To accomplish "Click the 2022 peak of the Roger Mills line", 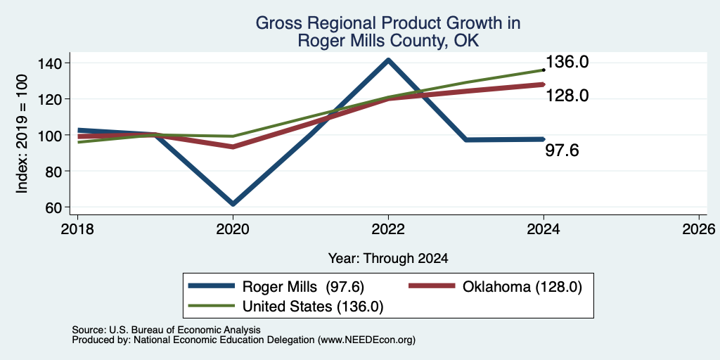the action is pyautogui.click(x=388, y=60).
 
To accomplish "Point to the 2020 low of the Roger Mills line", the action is pyautogui.click(x=233, y=203).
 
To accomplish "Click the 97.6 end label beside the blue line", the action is pyautogui.click(x=562, y=150).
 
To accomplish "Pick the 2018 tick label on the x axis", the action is pyautogui.click(x=77, y=229).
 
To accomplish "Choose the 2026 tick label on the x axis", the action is pyautogui.click(x=699, y=229).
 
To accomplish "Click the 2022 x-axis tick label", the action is pyautogui.click(x=388, y=229).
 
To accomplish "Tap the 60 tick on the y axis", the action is pyautogui.click(x=60, y=207).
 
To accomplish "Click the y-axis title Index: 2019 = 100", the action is pyautogui.click(x=22, y=134).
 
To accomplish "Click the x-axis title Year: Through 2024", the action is pyautogui.click(x=388, y=259).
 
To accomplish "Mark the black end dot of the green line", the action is pyautogui.click(x=544, y=70).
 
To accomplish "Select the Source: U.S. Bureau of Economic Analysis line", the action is pyautogui.click(x=166, y=330).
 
